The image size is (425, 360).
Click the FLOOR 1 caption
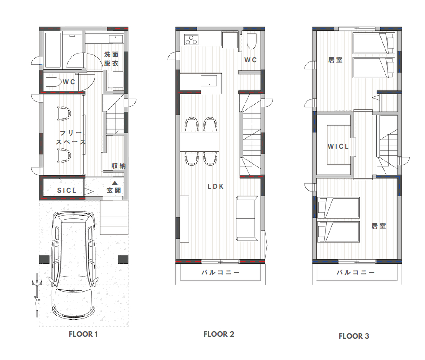[x=83, y=334]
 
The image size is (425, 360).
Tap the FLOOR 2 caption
[x=219, y=334]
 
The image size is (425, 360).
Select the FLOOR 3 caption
[x=354, y=336]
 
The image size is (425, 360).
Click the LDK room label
[x=216, y=186]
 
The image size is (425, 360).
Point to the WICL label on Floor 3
[x=338, y=146]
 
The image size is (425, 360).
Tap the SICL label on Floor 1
[x=67, y=190]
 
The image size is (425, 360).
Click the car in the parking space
[x=74, y=265]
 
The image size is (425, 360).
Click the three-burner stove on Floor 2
[x=192, y=39]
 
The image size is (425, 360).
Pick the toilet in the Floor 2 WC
[x=251, y=41]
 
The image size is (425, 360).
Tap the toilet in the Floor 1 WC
[x=53, y=82]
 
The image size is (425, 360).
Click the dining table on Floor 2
[x=199, y=141]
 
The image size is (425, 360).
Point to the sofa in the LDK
[x=247, y=218]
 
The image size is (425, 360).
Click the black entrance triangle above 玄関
[x=115, y=183]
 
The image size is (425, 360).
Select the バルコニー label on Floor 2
[x=220, y=272]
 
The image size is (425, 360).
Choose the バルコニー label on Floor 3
[x=356, y=272]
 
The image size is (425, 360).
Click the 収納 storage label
[x=119, y=166]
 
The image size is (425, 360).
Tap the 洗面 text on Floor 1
[x=111, y=55]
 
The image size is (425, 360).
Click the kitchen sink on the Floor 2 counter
[x=209, y=81]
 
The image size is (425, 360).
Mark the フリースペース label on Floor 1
[x=71, y=137]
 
